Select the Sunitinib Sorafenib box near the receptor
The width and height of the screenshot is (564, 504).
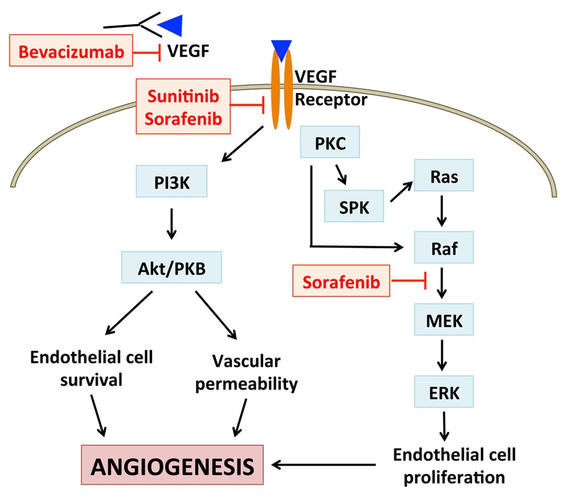(x=183, y=106)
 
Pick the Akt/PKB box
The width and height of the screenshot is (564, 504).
(x=171, y=269)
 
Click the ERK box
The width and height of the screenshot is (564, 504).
(x=443, y=392)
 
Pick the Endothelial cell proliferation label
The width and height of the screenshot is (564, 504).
(x=454, y=465)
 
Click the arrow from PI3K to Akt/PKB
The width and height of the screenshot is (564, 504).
(x=171, y=223)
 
